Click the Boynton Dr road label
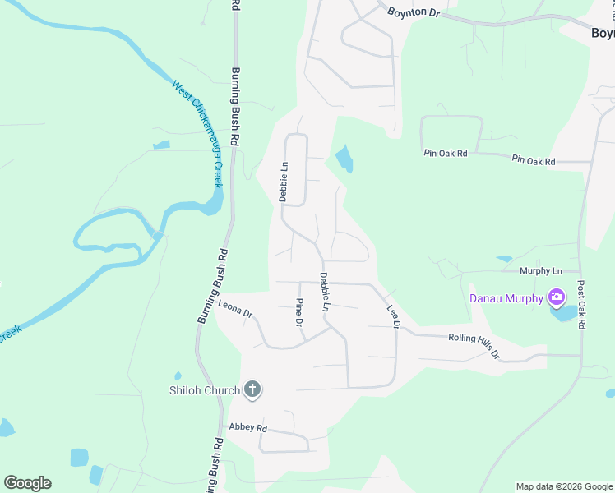[415, 12]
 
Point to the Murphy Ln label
[540, 270]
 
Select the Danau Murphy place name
[506, 298]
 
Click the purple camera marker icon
[557, 297]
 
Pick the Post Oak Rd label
[580, 306]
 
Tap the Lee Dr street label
[393, 318]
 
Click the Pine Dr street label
[299, 311]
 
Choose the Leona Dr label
[235, 309]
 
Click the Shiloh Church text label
[204, 390]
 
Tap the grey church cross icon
[252, 389]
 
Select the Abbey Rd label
[248, 428]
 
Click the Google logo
[27, 483]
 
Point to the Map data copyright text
[563, 486]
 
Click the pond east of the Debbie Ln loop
[344, 158]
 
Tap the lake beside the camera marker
[566, 313]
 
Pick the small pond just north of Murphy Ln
[504, 259]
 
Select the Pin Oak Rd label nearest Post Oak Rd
[533, 161]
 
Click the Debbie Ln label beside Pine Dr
[325, 291]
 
